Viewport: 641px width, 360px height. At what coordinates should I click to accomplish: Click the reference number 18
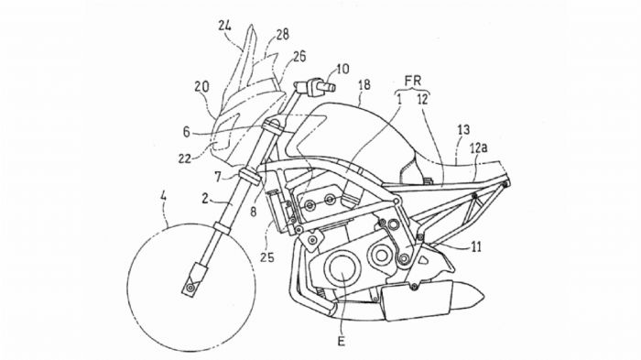click(364, 85)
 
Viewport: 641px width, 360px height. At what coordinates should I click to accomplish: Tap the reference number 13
click(463, 130)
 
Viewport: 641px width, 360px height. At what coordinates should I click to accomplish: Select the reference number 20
click(201, 88)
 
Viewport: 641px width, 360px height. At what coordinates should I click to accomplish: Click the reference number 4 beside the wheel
click(165, 194)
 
